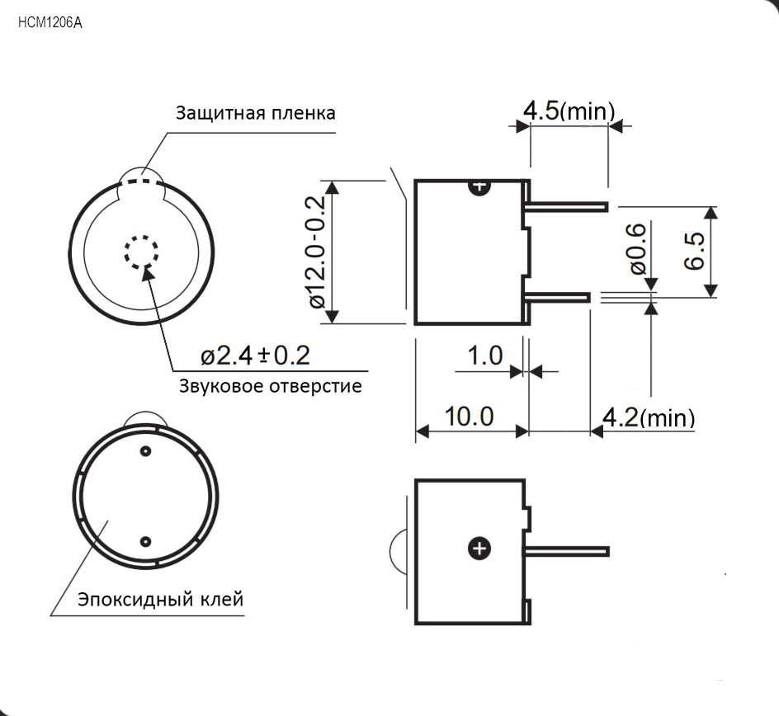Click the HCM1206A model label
[x=50, y=23]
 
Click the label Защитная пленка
[x=255, y=113]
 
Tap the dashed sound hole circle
[x=142, y=252]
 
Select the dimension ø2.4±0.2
[x=255, y=356]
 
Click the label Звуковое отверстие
[x=271, y=386]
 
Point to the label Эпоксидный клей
[x=160, y=600]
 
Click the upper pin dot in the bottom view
[x=145, y=451]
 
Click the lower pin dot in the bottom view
[x=145, y=541]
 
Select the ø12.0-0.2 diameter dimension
[x=317, y=252]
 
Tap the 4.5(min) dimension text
[x=569, y=111]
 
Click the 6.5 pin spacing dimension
[x=694, y=252]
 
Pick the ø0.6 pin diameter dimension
[x=638, y=249]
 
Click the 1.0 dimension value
[x=485, y=356]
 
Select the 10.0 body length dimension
[x=469, y=416]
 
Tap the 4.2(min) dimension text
[x=649, y=417]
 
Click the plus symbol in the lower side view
[x=479, y=549]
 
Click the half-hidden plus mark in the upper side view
[x=479, y=187]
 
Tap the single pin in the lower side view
[x=567, y=551]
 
